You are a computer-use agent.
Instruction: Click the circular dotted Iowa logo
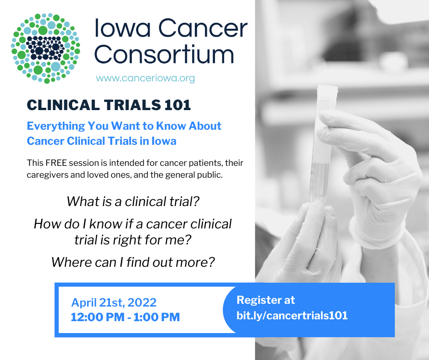coord(46,48)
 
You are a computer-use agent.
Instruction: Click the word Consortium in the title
coord(164,54)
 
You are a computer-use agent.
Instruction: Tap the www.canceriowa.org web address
coord(145,79)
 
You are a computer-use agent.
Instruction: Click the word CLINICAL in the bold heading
coord(63,105)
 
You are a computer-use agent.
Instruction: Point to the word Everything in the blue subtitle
coord(56,126)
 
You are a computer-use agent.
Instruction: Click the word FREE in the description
coord(56,163)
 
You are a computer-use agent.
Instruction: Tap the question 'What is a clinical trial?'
coord(133,201)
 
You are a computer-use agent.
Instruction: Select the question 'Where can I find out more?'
coord(133,262)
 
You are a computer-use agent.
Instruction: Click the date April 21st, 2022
coord(114,303)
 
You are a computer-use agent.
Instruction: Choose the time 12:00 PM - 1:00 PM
coord(126,317)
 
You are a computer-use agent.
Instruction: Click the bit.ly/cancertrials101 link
coord(292,316)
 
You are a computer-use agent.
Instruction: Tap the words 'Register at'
coord(266,300)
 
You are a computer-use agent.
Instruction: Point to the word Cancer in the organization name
coord(203,28)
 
